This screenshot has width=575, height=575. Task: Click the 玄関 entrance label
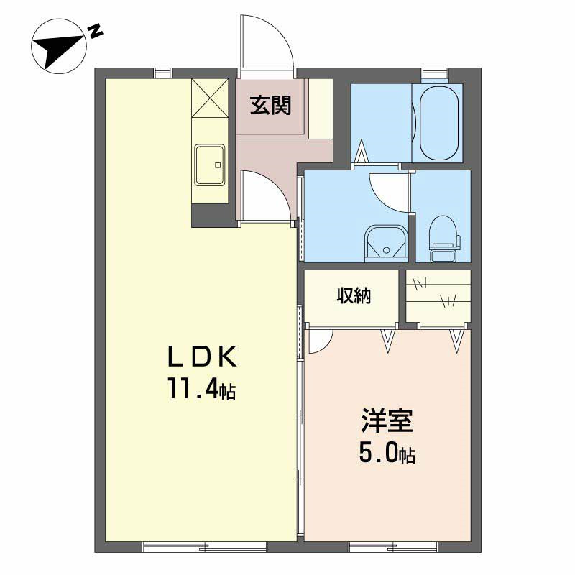click(x=271, y=106)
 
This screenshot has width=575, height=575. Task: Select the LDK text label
click(x=202, y=356)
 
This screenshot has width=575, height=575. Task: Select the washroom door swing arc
click(x=388, y=188)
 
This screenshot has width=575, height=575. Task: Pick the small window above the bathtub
click(x=434, y=72)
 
